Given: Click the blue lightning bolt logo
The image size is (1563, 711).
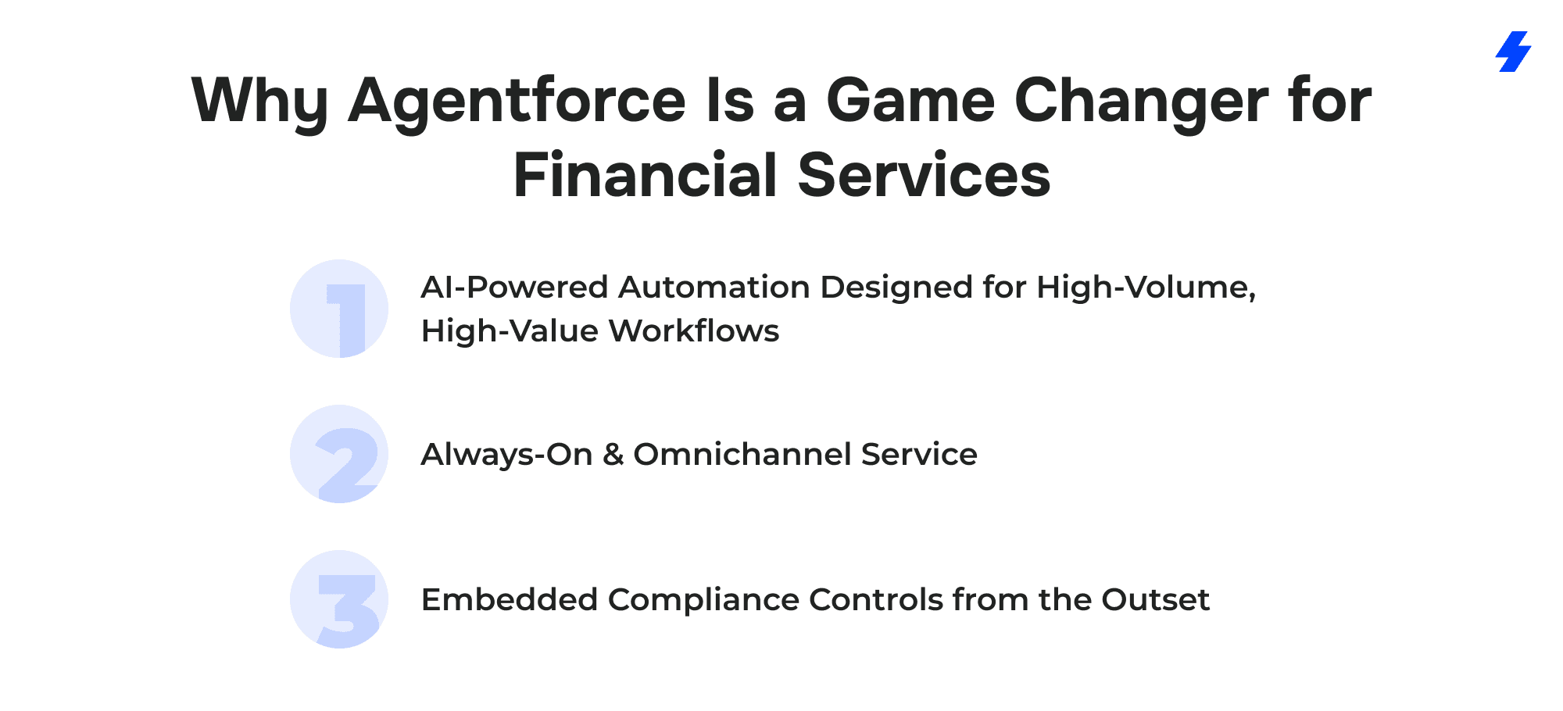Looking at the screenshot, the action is pyautogui.click(x=1513, y=52).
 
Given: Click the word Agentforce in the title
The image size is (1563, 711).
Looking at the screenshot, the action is pyautogui.click(x=517, y=101).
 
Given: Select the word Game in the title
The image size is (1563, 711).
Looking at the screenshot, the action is pyautogui.click(x=910, y=101).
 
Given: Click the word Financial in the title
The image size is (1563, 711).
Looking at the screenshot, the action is pyautogui.click(x=645, y=174).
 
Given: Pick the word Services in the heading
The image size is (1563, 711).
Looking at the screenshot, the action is pyautogui.click(x=924, y=174).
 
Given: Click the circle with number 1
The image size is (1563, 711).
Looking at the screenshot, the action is pyautogui.click(x=339, y=309).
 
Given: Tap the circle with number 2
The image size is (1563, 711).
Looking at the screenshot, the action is pyautogui.click(x=339, y=454).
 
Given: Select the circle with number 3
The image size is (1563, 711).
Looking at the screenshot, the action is pyautogui.click(x=339, y=599).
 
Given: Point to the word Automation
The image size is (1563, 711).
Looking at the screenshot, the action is pyautogui.click(x=714, y=287).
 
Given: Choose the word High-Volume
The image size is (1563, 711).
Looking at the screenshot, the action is pyautogui.click(x=1146, y=288).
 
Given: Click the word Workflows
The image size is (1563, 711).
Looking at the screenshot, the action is pyautogui.click(x=694, y=330).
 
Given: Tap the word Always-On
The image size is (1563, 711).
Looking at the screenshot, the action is pyautogui.click(x=506, y=456).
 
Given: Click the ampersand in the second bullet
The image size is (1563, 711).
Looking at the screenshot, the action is pyautogui.click(x=613, y=455).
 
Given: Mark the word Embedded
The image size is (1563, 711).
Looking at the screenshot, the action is pyautogui.click(x=510, y=599).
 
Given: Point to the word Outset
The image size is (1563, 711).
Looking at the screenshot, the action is pyautogui.click(x=1155, y=599).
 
